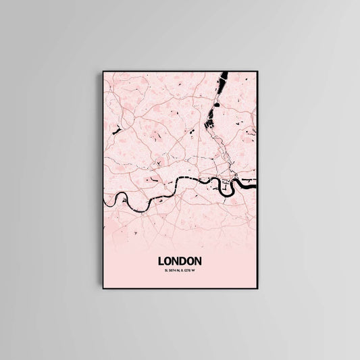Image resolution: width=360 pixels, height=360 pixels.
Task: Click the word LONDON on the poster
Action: (179, 259)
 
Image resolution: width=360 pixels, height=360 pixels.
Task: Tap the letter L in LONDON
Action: (161, 259)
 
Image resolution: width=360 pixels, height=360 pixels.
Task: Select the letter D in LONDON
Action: (183, 259)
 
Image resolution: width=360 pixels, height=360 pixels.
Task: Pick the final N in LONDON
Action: (198, 259)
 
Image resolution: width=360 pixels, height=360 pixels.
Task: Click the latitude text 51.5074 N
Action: (172, 271)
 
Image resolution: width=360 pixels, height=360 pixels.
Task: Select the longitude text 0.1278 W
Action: (187, 271)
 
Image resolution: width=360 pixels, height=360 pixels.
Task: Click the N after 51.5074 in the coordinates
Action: (179, 271)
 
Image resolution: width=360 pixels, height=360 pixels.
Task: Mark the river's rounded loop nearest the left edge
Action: (121, 199)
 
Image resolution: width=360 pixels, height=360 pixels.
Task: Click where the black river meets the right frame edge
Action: (257, 182)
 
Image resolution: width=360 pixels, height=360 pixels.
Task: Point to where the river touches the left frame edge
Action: (104, 202)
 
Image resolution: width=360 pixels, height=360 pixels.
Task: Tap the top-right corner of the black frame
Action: (258, 69)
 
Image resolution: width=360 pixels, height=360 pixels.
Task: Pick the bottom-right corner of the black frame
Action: (258, 290)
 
